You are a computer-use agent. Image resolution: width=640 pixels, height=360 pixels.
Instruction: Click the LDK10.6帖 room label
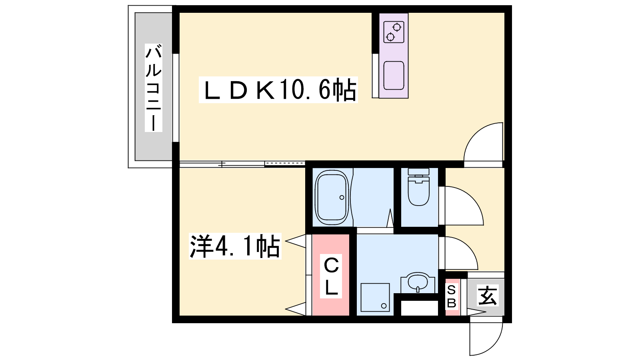tap(278, 90)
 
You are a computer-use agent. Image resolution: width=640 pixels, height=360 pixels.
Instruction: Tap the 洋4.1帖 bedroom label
tap(235, 246)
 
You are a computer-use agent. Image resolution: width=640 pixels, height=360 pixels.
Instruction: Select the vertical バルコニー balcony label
tap(154, 88)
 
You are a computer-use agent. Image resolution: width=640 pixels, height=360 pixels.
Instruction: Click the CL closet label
tap(331, 276)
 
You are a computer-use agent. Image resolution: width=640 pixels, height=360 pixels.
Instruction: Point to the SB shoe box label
tap(452, 296)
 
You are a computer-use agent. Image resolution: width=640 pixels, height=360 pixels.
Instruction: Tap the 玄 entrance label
tap(488, 296)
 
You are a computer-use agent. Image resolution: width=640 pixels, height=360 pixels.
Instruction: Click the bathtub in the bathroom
tap(332, 198)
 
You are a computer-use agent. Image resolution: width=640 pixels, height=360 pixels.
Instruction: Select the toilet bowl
tap(418, 190)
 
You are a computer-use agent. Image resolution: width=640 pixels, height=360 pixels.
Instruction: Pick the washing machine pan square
tap(375, 298)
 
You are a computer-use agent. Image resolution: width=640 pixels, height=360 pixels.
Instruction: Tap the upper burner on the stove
tap(396, 28)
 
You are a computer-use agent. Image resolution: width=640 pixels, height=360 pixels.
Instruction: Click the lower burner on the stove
tap(390, 37)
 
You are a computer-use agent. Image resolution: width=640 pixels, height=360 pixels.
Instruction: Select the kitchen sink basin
tap(394, 76)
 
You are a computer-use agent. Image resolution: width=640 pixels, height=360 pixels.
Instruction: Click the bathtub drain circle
tap(342, 198)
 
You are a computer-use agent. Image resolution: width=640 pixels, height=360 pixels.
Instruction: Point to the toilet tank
tap(418, 172)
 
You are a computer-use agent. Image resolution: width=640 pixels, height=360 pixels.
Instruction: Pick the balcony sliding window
tap(176, 98)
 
